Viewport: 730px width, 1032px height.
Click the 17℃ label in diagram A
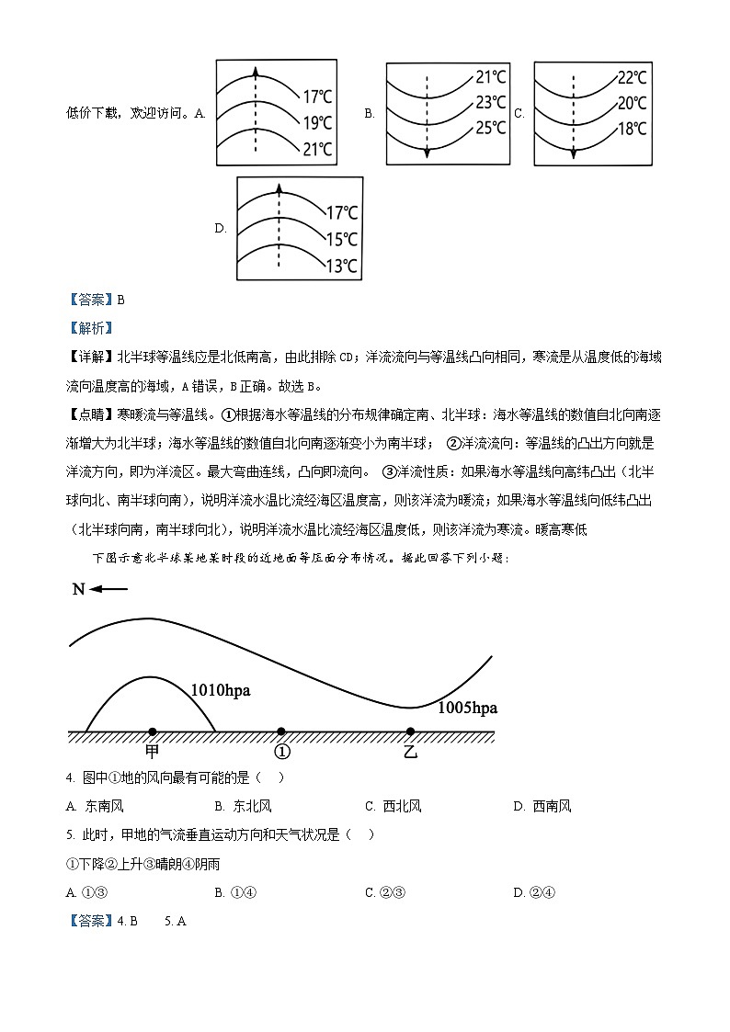(317, 95)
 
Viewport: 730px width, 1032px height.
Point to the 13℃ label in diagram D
(342, 266)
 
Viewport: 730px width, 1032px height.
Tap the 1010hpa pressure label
(221, 689)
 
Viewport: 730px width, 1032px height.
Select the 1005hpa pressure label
(467, 707)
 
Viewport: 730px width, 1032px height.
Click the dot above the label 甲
(152, 731)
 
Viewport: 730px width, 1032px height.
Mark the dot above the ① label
(281, 731)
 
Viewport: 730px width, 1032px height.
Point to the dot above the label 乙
(410, 731)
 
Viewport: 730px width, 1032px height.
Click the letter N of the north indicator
(78, 589)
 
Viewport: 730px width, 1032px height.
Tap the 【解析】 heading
(89, 327)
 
